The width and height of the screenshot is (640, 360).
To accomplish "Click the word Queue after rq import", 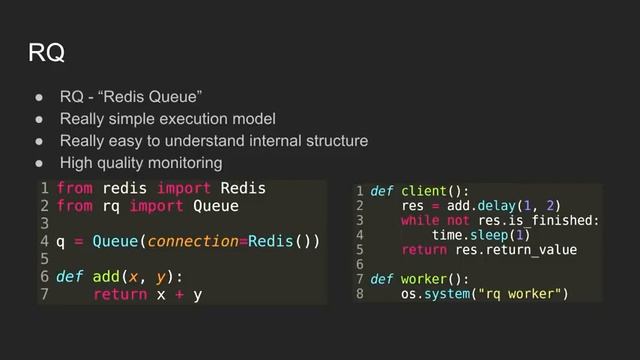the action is [x=215, y=206].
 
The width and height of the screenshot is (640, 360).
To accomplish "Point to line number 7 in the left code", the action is [x=45, y=295].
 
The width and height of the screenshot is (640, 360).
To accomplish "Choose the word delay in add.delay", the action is [x=494, y=205].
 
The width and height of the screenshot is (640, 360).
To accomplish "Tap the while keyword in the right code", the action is [x=417, y=220].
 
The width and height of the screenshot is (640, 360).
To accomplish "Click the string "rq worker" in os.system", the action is [x=520, y=294].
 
